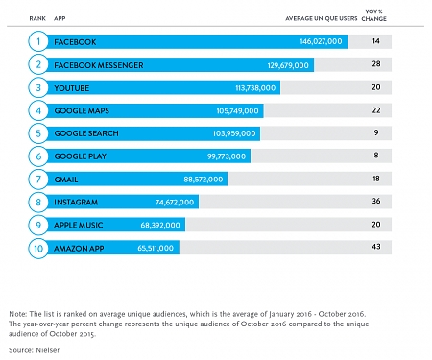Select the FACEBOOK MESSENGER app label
99,65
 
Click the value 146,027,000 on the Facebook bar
322,42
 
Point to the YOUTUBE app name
75,88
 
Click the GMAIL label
69,180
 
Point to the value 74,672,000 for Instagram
171,203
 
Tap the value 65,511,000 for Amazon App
151,248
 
